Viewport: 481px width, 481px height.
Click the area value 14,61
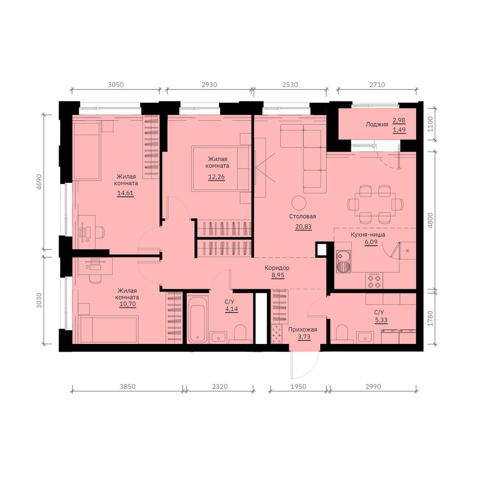[x=125, y=193]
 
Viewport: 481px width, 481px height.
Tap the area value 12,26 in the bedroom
[x=216, y=177]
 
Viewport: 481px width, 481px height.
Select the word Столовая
[x=303, y=216]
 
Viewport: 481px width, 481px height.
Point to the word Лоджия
[x=377, y=124]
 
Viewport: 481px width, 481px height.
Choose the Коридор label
[x=277, y=268]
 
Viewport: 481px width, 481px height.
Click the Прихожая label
[x=303, y=329]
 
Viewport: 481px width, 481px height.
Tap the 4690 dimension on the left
[x=39, y=182]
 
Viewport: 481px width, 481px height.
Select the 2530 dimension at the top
[x=290, y=85]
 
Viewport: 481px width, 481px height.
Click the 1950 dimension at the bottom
[x=298, y=387]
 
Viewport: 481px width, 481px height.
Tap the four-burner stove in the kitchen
[x=374, y=281]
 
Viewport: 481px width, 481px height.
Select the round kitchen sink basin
[x=340, y=256]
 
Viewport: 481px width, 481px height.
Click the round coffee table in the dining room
[x=299, y=203]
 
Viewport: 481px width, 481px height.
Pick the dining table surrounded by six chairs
[x=375, y=204]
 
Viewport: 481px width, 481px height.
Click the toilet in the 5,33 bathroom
[x=342, y=334]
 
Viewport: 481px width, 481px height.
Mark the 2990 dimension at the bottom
[x=373, y=387]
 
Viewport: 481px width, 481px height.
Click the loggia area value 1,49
[x=399, y=130]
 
